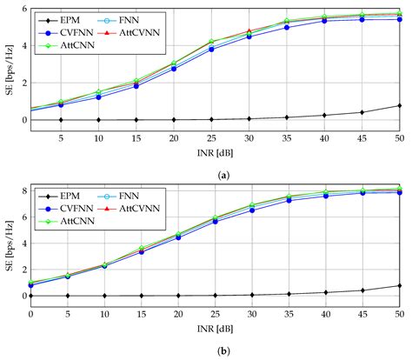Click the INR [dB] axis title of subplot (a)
(215, 153)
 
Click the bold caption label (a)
(215, 173)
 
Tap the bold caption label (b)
(215, 350)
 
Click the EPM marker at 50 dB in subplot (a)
(399, 105)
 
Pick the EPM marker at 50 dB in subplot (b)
(399, 285)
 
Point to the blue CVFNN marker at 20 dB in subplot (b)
(178, 237)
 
